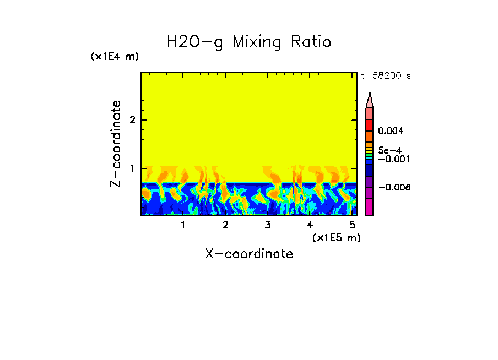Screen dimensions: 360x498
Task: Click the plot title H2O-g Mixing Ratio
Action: (249, 41)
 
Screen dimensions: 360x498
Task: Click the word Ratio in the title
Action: (309, 41)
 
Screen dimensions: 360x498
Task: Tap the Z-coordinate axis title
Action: (116, 144)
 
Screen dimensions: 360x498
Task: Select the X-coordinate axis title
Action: (249, 254)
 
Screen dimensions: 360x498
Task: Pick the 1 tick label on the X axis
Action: (183, 225)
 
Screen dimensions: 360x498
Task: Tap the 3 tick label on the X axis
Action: (268, 225)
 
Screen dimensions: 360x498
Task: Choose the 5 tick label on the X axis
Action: (352, 225)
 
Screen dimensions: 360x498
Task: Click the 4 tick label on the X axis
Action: (310, 225)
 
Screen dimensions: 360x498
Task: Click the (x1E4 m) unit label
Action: (115, 57)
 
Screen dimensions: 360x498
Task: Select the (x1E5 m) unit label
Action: (336, 237)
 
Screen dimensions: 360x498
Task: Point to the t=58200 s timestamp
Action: (386, 76)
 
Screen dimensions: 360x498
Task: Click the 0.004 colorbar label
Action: (391, 131)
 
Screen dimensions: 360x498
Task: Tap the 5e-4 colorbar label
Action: (389, 150)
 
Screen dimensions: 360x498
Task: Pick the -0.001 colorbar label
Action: (391, 159)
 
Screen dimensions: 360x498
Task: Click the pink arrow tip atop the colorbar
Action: (370, 100)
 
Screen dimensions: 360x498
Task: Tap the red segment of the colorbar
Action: (370, 124)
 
